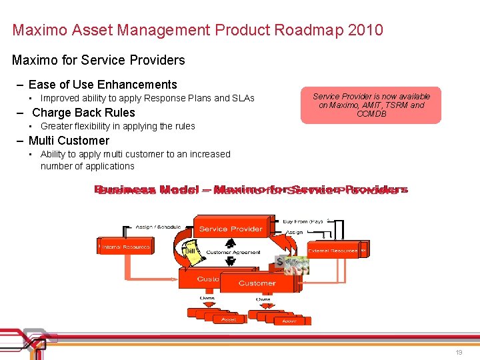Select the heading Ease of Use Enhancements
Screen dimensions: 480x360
coord(103,85)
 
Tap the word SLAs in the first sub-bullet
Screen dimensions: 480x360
coord(243,98)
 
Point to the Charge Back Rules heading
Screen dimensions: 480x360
coord(83,113)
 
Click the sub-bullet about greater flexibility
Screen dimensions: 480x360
coord(118,126)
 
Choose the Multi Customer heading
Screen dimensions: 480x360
coord(69,141)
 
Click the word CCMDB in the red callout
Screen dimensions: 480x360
coord(371,114)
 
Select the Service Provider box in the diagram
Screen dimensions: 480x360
coord(231,229)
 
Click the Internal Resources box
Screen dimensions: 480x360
coord(125,247)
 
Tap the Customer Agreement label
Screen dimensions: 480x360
coord(233,253)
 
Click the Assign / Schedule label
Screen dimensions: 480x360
coord(158,227)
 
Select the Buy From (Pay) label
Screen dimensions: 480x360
coord(303,221)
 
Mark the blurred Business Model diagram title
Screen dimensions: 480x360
coord(251,190)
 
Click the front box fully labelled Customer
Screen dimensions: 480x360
coord(257,283)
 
